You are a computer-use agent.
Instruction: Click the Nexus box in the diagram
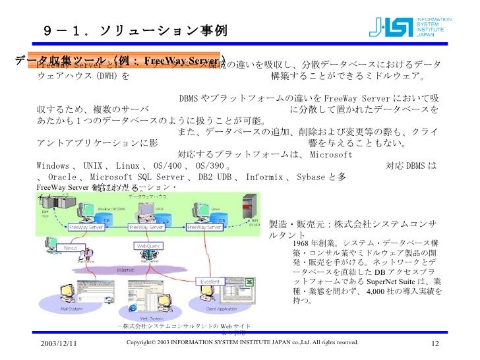[x=71, y=247]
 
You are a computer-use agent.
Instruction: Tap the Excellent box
[x=210, y=281]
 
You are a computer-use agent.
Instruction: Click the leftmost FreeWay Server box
[x=86, y=227]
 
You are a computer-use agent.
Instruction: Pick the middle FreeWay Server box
[x=146, y=227]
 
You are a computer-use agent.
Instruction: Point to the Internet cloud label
[x=126, y=270]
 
